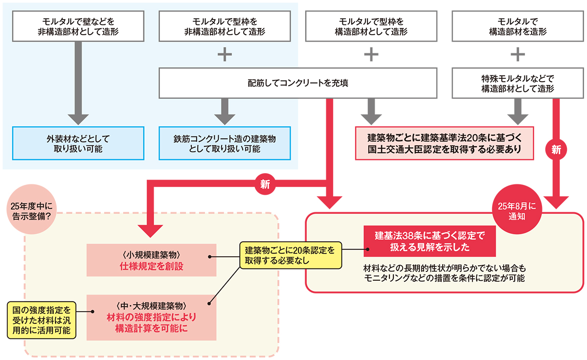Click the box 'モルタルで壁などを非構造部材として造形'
tap(78, 27)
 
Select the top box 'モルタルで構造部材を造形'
tap(518, 27)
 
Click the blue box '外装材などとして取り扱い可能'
tap(78, 143)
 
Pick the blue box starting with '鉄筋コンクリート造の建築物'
tap(225, 143)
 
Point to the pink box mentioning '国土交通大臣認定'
tap(444, 143)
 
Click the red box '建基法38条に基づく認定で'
tap(429, 241)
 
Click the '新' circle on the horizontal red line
tap(265, 184)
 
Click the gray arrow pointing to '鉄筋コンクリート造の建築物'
tap(225, 112)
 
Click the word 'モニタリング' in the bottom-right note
tap(385, 278)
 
